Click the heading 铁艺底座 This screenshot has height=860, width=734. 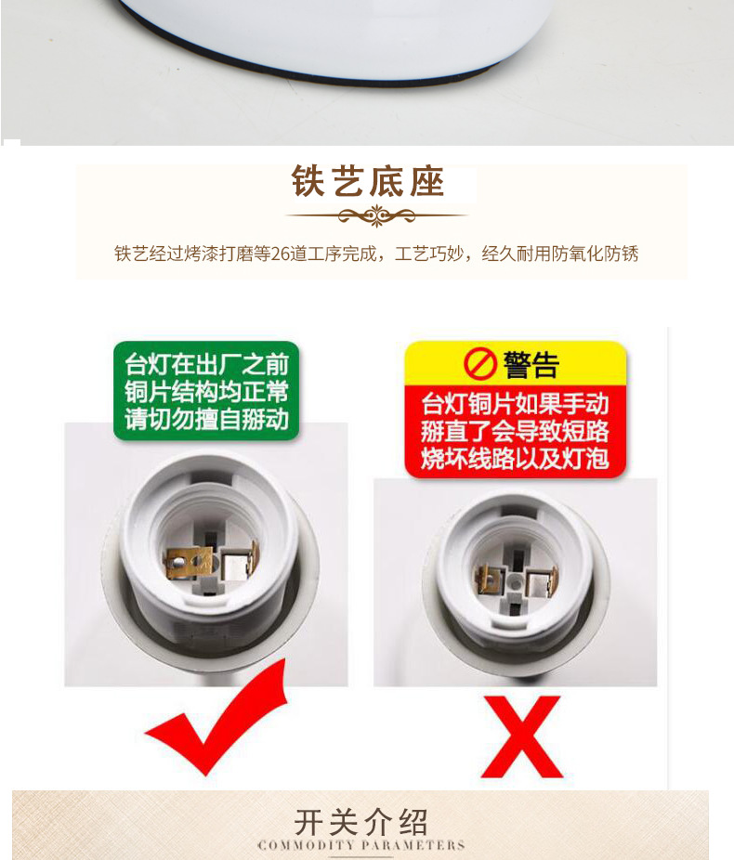point(368,182)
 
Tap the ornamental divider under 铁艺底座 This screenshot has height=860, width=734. point(375,217)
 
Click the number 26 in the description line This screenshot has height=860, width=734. point(282,254)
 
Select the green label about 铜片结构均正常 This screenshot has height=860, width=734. point(207,390)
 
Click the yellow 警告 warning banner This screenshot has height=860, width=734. point(515,363)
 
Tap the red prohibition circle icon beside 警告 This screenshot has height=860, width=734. point(480,364)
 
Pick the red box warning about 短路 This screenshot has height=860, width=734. point(515,431)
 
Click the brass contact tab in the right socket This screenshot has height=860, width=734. point(486,580)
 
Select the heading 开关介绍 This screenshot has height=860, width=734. point(361,821)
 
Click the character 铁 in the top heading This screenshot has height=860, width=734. point(308,182)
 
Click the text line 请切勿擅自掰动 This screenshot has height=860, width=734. point(207,418)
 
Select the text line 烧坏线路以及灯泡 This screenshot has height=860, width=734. point(515,458)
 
